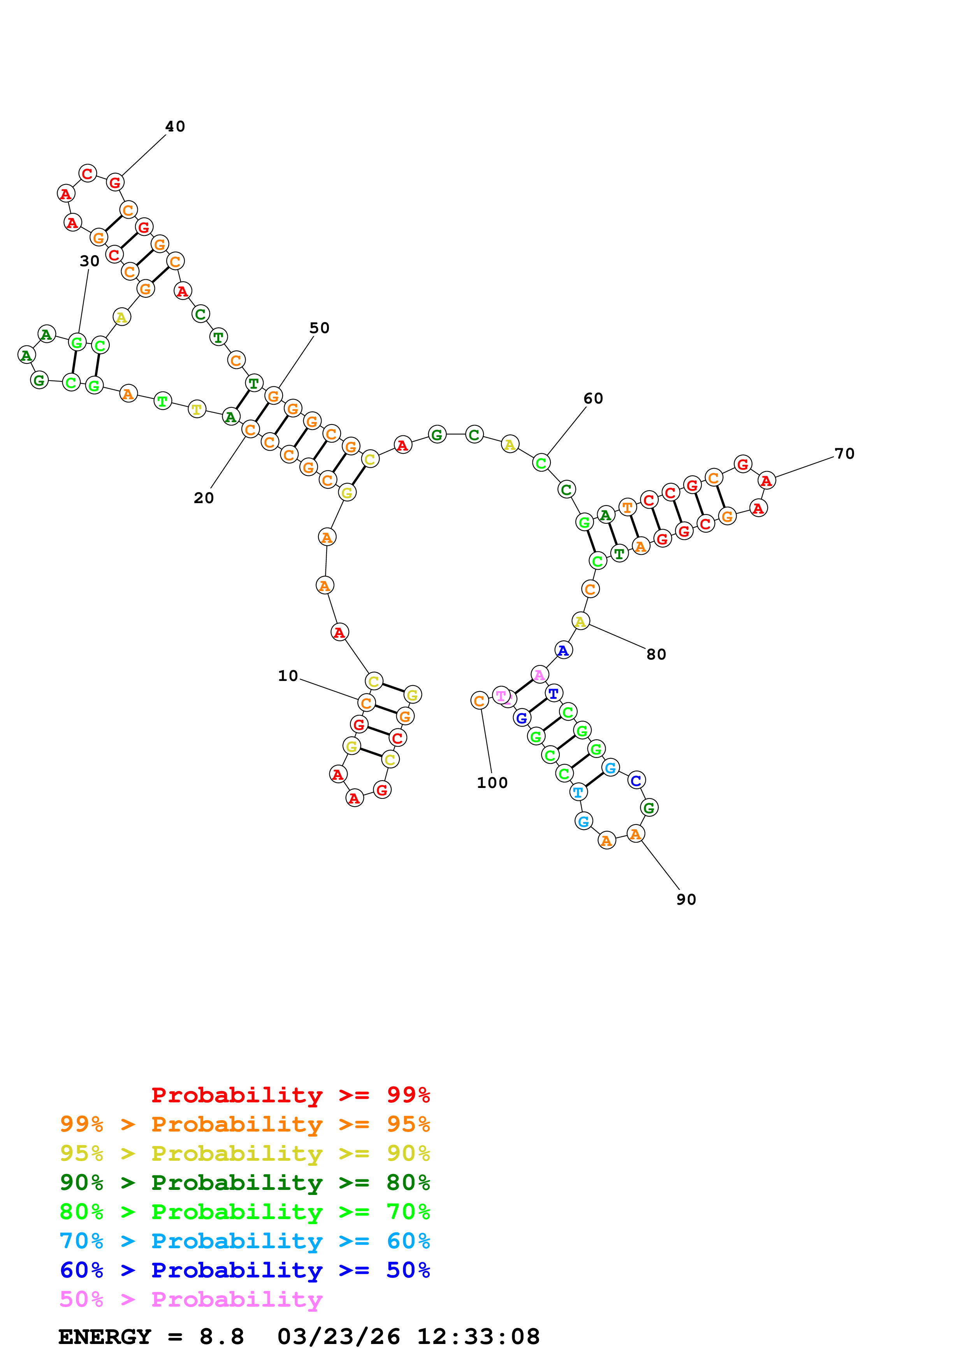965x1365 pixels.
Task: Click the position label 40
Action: tap(175, 126)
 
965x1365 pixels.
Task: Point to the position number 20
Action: tap(203, 498)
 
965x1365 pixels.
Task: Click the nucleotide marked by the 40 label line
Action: tap(115, 182)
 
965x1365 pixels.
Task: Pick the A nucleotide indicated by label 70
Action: tap(766, 481)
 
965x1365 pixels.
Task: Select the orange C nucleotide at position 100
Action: tap(479, 700)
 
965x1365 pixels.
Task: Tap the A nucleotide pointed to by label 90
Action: tap(636, 834)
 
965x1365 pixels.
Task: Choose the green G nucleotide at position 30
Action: tap(77, 342)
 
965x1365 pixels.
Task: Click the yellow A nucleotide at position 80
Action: tap(580, 621)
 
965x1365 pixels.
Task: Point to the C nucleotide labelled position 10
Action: tap(366, 703)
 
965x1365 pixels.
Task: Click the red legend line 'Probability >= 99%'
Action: tap(290, 1095)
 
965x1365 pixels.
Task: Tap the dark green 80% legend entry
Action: tap(244, 1183)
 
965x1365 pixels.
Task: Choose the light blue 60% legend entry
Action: tap(244, 1241)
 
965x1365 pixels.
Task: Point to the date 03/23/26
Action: tap(338, 1337)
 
